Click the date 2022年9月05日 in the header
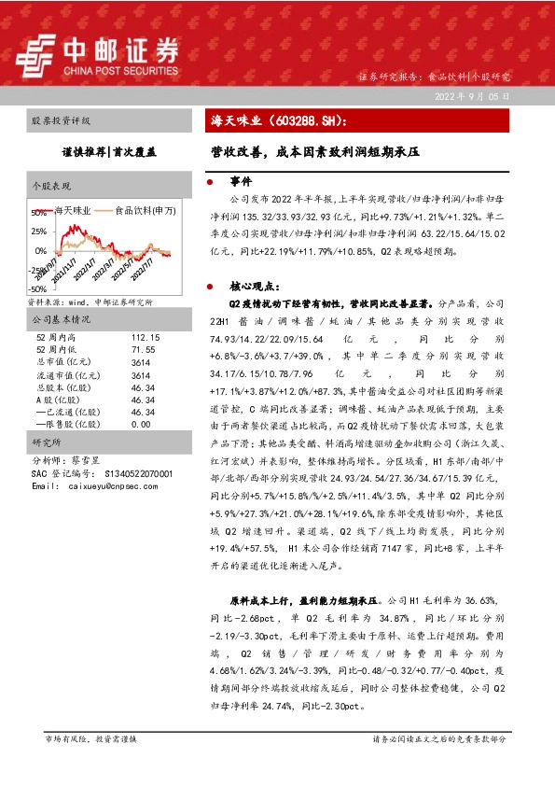coord(473,96)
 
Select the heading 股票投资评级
coord(62,122)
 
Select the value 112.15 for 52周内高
coord(146,336)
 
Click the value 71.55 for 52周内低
coord(143,348)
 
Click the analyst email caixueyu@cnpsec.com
coord(104,486)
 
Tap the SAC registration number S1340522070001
coord(127,474)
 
